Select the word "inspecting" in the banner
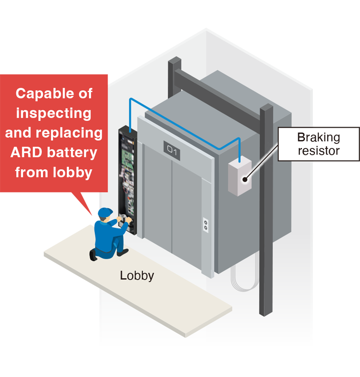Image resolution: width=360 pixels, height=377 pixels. point(54,113)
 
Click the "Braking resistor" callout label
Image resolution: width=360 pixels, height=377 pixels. point(319,144)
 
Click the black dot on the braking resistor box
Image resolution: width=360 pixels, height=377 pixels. point(245,180)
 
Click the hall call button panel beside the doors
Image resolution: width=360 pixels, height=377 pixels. point(206,225)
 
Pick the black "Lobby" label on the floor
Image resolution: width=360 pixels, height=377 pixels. point(137,275)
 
